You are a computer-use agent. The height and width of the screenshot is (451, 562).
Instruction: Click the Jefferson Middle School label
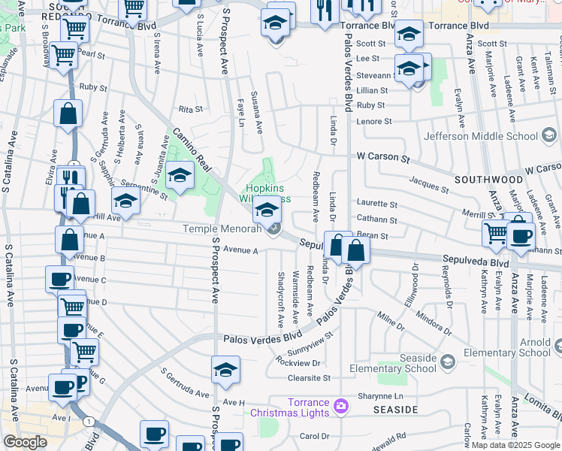[x=481, y=136]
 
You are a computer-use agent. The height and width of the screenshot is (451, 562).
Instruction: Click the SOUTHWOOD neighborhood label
[x=488, y=180]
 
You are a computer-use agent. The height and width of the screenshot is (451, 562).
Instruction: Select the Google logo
[x=26, y=442]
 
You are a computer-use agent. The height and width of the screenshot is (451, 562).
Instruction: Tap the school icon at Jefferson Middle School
[x=549, y=136]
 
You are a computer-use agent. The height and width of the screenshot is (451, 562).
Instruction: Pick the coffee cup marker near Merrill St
[x=521, y=236]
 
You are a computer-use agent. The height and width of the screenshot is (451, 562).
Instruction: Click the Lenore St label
[x=375, y=121]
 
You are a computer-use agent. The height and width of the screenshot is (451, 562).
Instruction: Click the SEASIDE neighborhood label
[x=395, y=410]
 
